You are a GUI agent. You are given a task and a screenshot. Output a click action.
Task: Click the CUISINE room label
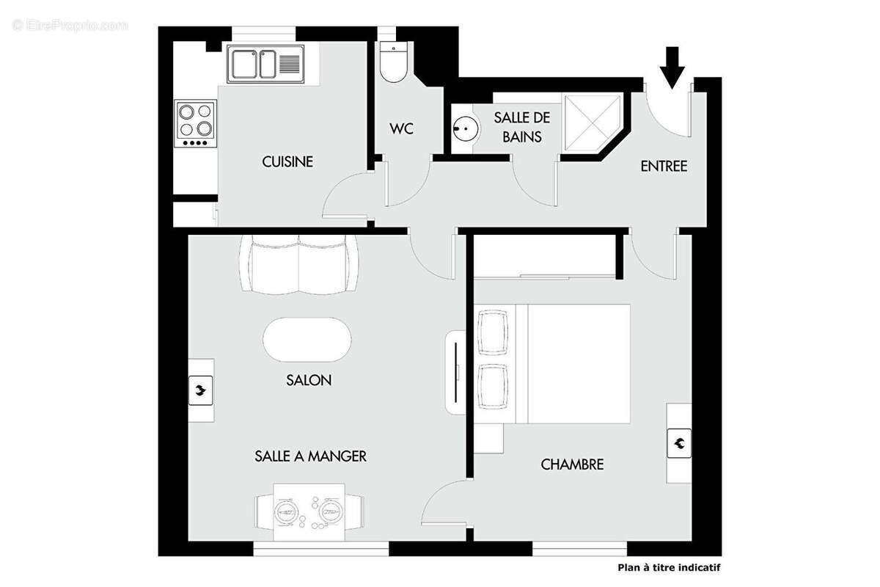287,161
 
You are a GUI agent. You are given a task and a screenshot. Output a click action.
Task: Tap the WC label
401,129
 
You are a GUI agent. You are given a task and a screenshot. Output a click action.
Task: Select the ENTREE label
664,167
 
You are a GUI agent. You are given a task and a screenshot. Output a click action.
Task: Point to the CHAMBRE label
572,464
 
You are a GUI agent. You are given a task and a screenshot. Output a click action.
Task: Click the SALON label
309,380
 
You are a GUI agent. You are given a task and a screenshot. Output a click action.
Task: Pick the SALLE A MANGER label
310,456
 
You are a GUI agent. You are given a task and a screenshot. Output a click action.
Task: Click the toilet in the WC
395,65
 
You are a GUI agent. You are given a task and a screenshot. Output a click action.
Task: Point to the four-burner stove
197,123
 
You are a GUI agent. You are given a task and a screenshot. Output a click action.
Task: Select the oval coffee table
307,339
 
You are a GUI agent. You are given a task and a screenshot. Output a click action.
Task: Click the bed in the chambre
572,364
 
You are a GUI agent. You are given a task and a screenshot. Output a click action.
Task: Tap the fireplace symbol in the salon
200,390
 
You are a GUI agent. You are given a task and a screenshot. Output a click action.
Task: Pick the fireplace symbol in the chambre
679,442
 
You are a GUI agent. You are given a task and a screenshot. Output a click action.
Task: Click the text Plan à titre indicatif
667,567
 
